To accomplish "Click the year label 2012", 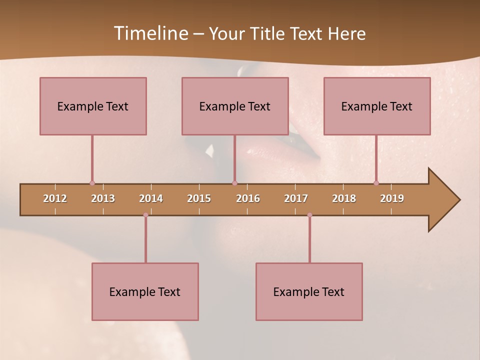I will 55,198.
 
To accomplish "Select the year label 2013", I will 103,198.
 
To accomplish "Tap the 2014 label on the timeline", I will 151,198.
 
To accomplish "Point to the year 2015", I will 199,198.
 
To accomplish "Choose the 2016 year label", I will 248,198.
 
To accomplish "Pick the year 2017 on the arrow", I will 296,198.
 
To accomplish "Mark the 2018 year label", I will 344,198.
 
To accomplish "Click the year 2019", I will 392,198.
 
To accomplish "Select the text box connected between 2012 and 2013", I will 93,106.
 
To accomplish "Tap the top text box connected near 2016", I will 235,106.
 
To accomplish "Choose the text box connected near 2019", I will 377,106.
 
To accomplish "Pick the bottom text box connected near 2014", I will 145,291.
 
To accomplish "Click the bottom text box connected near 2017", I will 309,291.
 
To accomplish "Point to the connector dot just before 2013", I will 92,183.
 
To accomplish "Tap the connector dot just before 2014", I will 145,215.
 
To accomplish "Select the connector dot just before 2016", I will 234,183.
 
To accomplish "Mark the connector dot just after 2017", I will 309,215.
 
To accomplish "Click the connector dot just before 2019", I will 376,183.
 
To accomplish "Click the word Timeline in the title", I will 150,33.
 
